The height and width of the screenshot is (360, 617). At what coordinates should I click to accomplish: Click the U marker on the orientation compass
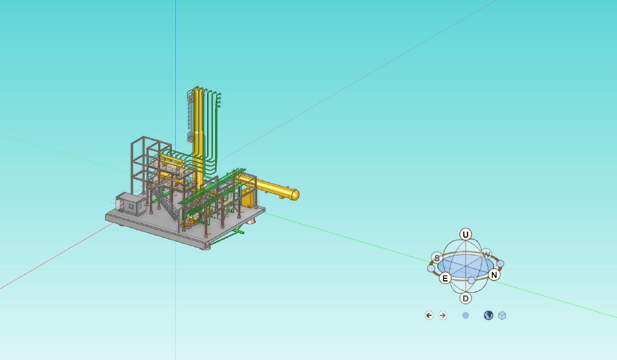(466, 235)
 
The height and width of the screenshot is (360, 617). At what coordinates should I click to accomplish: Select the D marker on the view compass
(466, 298)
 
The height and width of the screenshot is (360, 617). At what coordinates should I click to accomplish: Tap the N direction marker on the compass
(494, 275)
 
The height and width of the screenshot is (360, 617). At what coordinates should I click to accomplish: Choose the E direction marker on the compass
(445, 278)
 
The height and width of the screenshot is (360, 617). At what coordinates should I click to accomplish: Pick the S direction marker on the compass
(437, 258)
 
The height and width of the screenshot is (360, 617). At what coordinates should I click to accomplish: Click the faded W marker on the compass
(486, 254)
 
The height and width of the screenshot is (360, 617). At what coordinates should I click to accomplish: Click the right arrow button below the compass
(443, 315)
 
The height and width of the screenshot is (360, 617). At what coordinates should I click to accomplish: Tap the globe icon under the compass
(488, 315)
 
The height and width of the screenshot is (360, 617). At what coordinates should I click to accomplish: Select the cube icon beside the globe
(501, 316)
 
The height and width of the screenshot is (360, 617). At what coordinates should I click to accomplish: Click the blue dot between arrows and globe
(466, 316)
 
